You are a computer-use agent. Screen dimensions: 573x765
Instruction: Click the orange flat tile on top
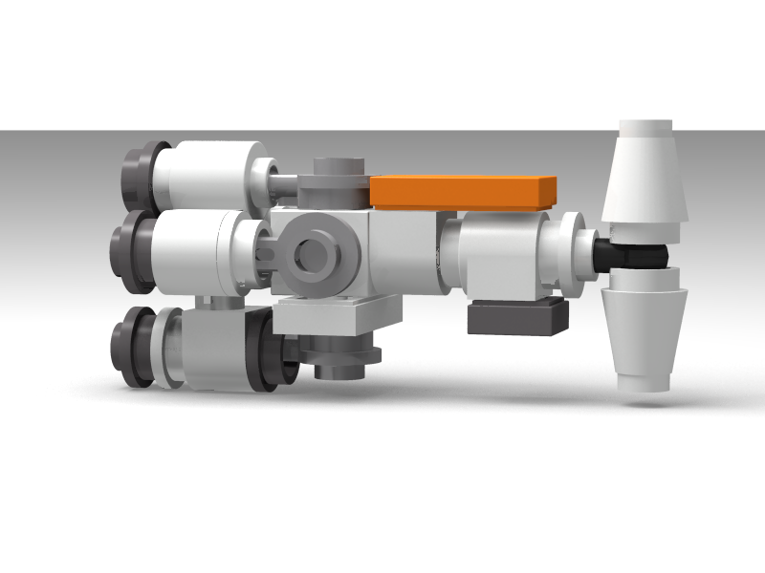point(464,192)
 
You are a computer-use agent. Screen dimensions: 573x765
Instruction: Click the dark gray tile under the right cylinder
point(517,317)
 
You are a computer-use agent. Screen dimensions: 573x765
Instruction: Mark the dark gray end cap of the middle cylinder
point(131,253)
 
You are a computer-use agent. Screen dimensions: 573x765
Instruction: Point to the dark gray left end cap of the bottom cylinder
point(131,348)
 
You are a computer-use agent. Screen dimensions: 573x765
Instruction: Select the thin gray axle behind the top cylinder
point(286,182)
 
